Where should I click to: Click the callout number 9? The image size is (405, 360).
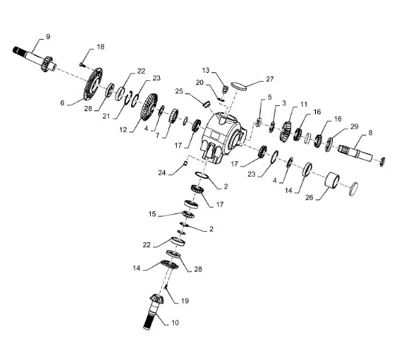coord(48,37)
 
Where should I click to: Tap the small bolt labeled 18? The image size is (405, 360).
coord(82,64)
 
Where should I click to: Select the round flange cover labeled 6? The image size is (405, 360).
coord(93,84)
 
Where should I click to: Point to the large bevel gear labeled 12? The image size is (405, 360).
coord(149,107)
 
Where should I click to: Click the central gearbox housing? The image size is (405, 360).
coord(223,137)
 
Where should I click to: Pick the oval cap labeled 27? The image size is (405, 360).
coord(239,86)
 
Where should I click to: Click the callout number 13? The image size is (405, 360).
coord(205,70)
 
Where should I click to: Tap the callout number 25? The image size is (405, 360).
coord(179,91)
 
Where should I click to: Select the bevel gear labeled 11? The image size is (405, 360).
coord(286,132)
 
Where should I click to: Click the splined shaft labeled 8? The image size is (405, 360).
coord(355,153)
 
